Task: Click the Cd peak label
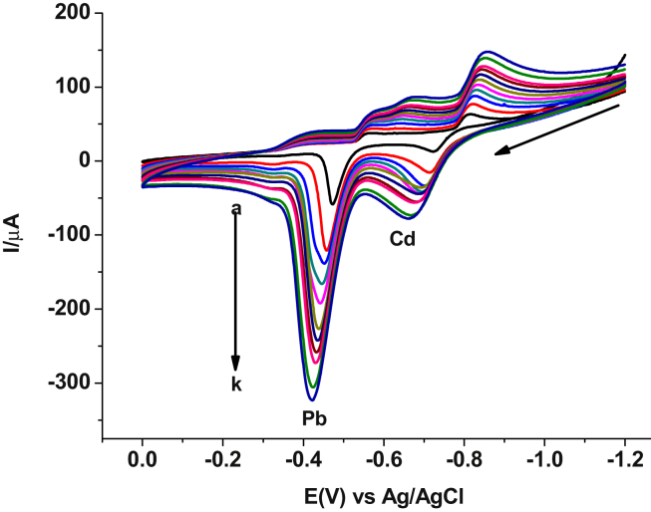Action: click(x=403, y=240)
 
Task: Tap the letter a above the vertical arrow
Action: click(x=235, y=208)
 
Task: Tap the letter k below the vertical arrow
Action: click(x=236, y=383)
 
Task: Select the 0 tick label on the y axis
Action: click(x=84, y=161)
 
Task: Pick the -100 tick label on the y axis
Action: click(x=68, y=235)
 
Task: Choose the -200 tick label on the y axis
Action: click(x=68, y=309)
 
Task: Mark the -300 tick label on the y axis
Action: click(x=68, y=383)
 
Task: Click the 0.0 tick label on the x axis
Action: click(x=143, y=459)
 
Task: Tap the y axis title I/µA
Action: click(x=18, y=225)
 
